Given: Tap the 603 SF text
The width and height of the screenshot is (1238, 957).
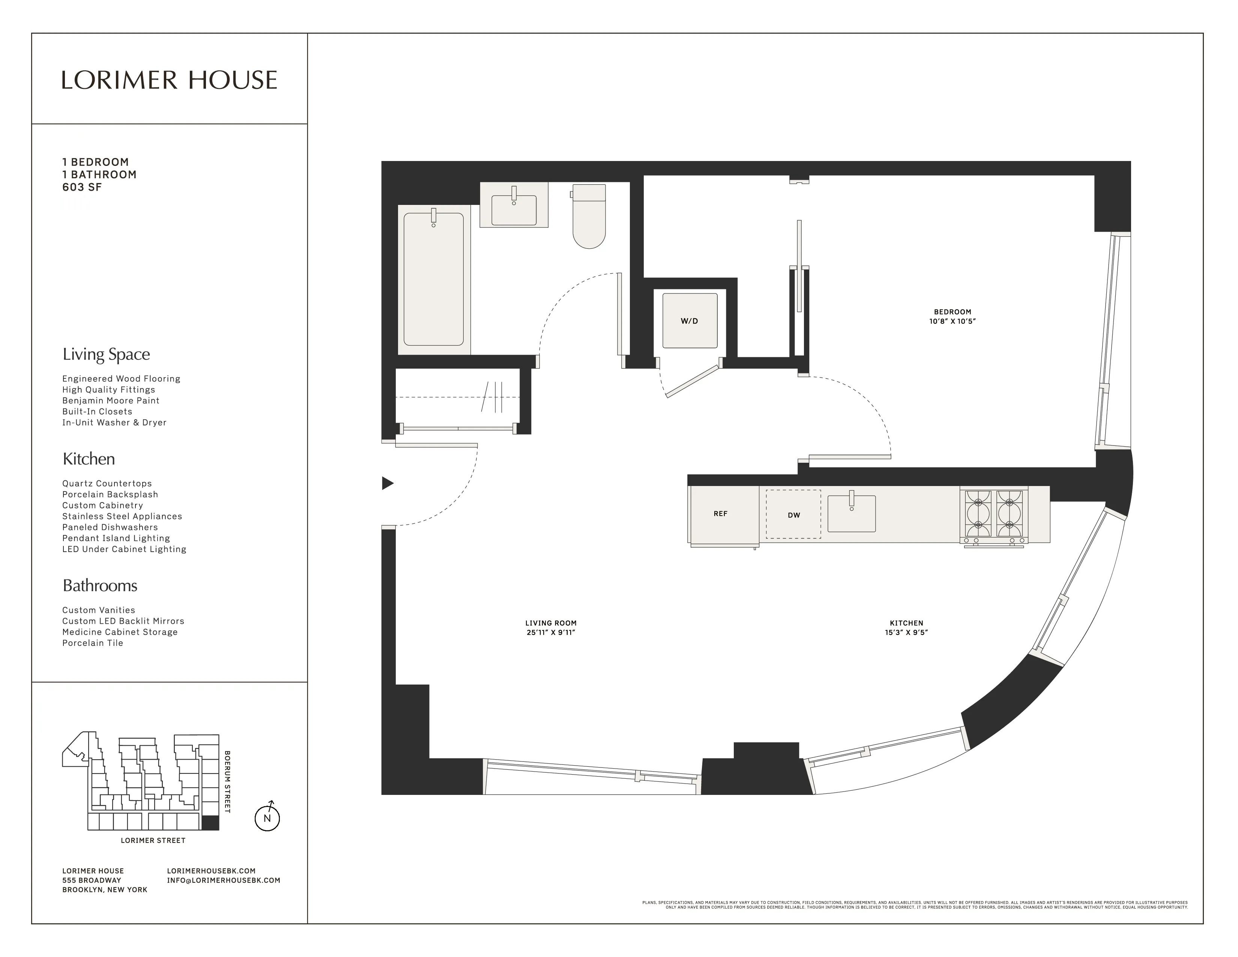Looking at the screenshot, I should [82, 187].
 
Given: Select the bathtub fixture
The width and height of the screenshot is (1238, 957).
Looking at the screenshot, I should [434, 279].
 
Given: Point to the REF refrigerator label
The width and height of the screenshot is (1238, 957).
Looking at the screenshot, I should [720, 514].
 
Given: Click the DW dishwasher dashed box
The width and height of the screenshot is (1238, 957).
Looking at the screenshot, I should [793, 514].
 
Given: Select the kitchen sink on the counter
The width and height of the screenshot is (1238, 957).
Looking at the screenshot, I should [852, 513].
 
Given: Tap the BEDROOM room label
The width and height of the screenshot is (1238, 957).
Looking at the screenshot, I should [952, 312].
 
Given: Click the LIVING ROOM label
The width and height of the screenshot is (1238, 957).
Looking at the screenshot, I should [550, 623].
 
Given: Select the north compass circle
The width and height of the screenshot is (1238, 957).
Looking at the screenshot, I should [267, 818].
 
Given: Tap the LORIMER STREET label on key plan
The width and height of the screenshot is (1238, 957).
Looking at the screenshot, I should [153, 840].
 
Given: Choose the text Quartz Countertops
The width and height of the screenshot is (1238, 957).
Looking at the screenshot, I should [107, 484].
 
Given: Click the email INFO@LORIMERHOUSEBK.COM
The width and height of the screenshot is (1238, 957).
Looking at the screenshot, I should [223, 880].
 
